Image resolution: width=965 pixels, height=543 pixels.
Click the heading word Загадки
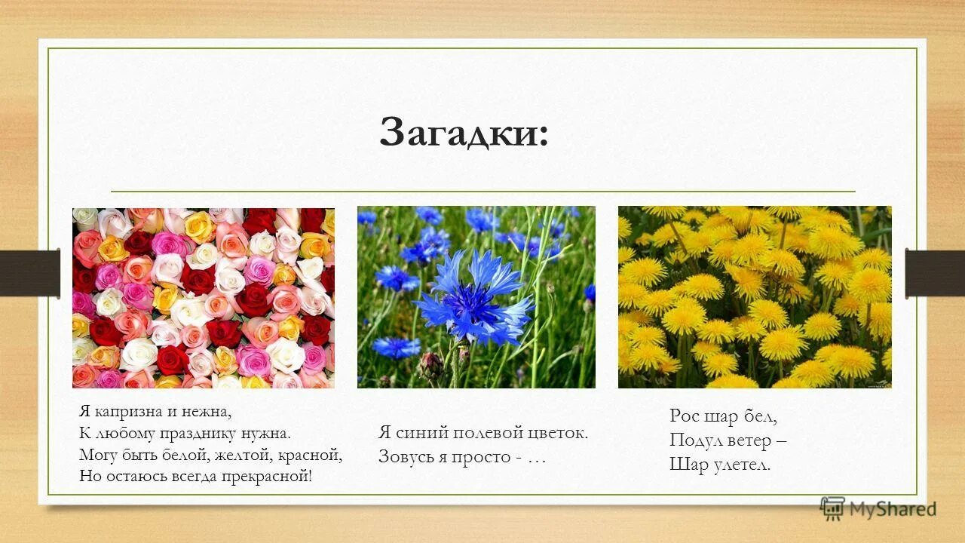coord(464,132)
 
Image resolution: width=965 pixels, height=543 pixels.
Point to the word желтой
coord(243,455)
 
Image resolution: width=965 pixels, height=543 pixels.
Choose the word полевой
coord(488,433)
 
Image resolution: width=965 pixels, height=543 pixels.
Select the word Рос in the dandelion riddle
coord(685,416)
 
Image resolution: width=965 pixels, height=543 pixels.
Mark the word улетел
coord(742,465)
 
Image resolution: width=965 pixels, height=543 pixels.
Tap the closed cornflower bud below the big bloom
coord(431,365)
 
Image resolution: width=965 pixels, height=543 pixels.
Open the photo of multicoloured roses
coord(204,298)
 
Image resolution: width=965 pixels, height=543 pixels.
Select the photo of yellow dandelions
coord(755,297)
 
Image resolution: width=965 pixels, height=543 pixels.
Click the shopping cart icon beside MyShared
coord(832,508)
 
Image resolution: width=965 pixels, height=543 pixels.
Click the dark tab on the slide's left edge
coord(30,272)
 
